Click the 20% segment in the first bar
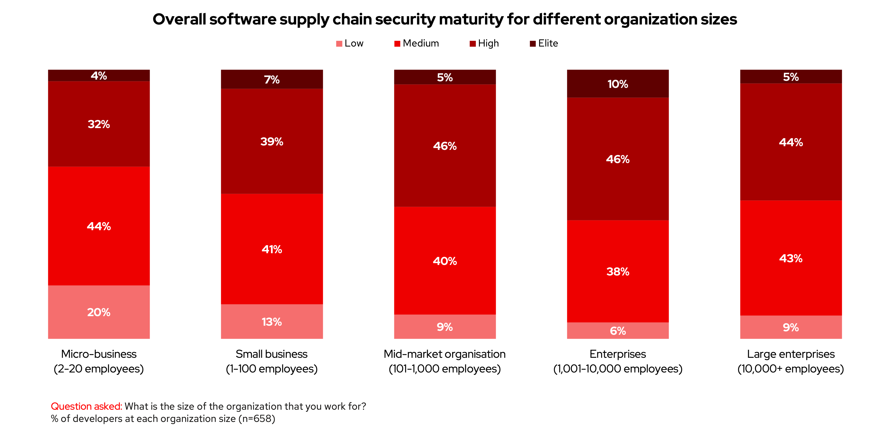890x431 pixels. (x=99, y=312)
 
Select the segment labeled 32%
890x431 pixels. (x=99, y=124)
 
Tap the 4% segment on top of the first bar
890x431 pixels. (x=99, y=75)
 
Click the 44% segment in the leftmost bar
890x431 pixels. (x=99, y=226)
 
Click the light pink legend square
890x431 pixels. (x=339, y=44)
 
